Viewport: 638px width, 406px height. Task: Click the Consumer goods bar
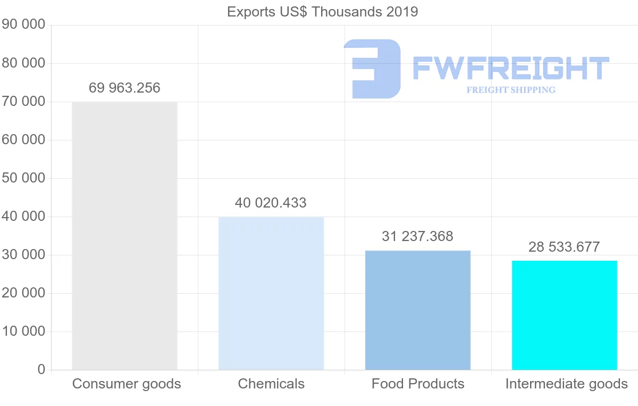click(124, 236)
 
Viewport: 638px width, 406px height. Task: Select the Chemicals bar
click(271, 293)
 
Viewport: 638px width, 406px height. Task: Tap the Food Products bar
click(418, 310)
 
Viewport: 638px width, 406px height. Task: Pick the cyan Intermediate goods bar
click(564, 315)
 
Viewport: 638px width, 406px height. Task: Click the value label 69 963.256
click(124, 88)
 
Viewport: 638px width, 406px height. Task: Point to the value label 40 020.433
click(271, 203)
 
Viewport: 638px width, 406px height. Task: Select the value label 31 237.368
click(418, 236)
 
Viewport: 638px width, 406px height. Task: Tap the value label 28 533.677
click(564, 247)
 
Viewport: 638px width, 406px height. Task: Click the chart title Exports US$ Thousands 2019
click(323, 12)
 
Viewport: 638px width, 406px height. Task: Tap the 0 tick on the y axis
click(41, 370)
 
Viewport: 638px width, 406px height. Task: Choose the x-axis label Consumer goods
click(127, 384)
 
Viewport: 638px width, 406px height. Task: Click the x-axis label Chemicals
click(271, 384)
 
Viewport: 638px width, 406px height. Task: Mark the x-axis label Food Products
click(418, 384)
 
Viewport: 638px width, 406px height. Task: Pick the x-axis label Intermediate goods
click(566, 384)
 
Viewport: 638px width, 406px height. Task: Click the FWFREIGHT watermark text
click(510, 69)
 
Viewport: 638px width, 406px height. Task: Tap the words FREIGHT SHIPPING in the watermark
click(510, 90)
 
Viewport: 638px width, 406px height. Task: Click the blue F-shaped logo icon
click(372, 69)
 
